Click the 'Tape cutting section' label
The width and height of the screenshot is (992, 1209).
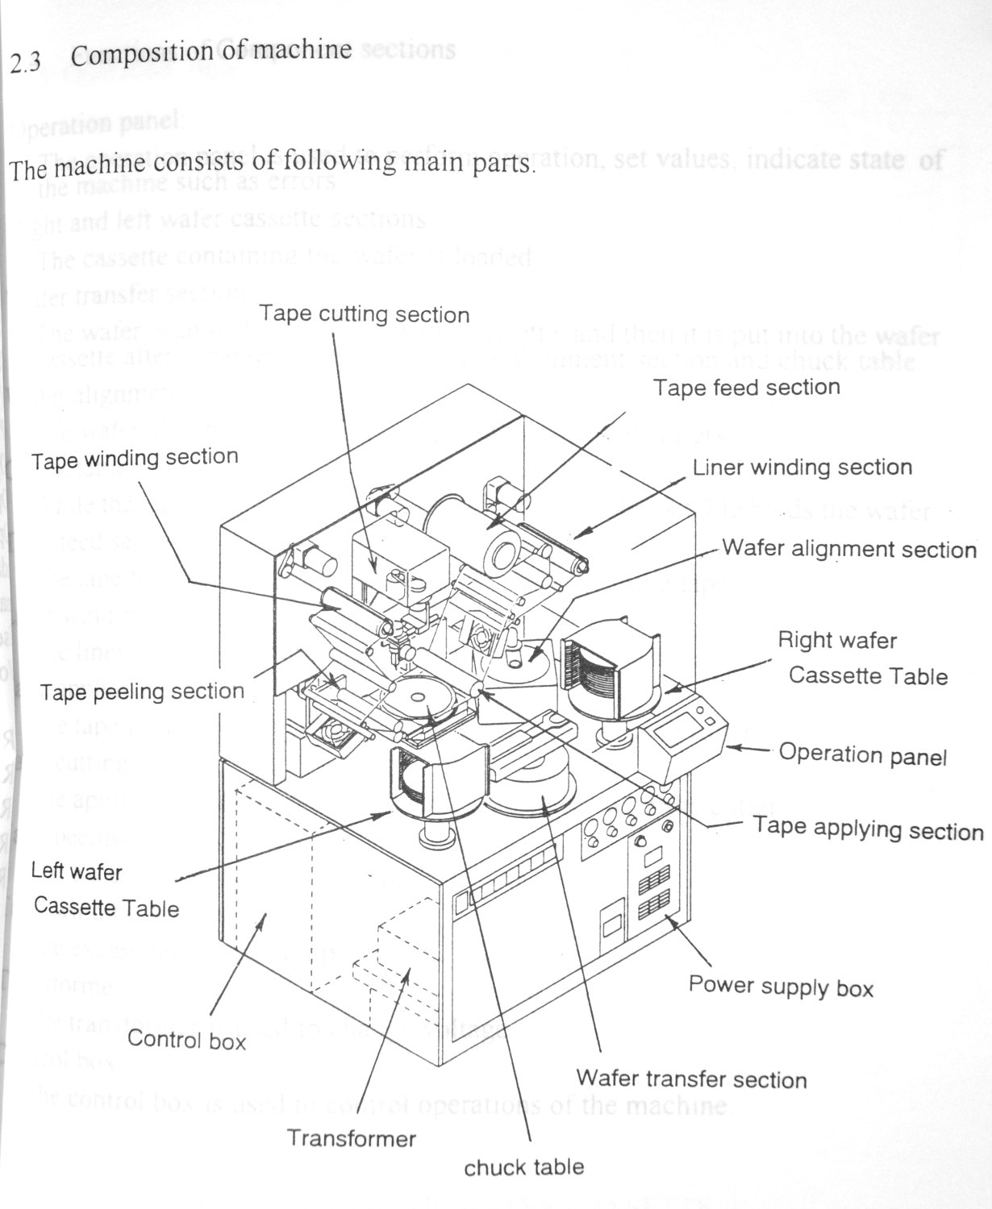[365, 314]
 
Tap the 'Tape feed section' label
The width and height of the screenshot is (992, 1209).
[746, 388]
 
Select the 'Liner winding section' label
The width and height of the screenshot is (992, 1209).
[802, 467]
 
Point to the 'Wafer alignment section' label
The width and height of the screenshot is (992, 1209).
[849, 550]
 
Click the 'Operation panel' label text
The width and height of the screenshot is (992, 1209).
[862, 754]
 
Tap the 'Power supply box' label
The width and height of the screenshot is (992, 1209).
[781, 986]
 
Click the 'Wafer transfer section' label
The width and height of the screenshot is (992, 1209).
[691, 1078]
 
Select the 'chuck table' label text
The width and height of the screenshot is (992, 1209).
[524, 1166]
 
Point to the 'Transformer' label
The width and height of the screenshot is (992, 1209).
[352, 1138]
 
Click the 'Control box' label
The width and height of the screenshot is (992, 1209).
[186, 1040]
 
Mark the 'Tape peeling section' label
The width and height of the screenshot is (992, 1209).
[142, 692]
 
